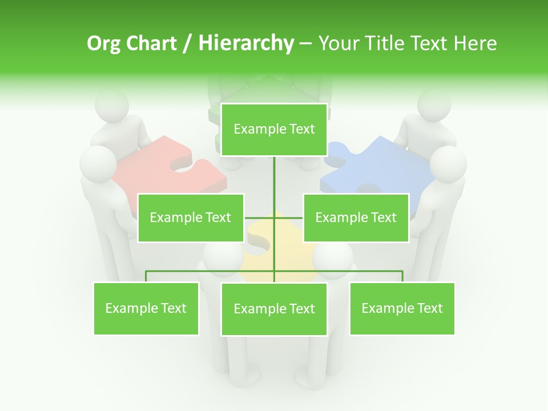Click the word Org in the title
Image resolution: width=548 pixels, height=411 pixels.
103,43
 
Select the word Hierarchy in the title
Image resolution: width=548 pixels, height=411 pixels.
246,43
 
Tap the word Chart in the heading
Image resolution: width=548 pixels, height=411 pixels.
151,43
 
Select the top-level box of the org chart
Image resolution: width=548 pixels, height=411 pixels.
274,130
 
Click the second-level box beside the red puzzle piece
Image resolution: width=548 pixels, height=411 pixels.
191,217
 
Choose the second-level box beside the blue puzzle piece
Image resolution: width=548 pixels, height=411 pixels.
356,217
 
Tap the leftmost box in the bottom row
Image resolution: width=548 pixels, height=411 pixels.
146,308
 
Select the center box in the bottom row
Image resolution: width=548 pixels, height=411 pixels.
274,309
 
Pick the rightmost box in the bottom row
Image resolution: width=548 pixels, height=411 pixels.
402,308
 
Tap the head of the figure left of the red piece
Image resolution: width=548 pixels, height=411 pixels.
97,163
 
